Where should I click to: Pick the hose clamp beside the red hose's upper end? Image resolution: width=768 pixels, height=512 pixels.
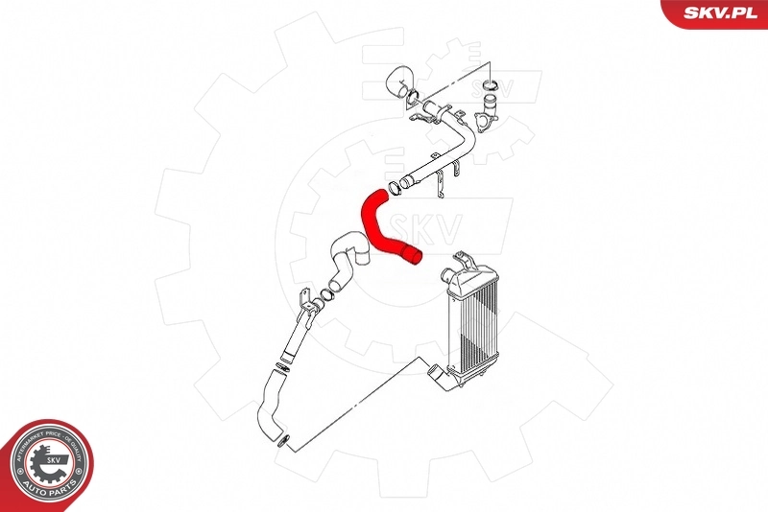393,185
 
